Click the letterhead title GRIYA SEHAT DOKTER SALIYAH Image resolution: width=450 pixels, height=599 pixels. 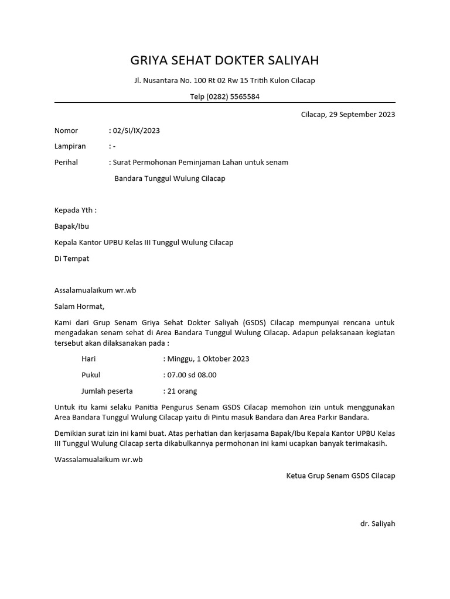tap(224, 61)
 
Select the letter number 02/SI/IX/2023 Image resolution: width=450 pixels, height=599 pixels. tap(136, 130)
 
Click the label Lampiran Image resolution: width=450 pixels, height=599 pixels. tap(70, 146)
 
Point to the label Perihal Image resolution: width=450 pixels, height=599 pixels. tap(66, 162)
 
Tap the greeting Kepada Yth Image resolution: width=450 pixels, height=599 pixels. tap(75, 210)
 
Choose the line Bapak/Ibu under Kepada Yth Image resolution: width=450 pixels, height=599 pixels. tap(71, 226)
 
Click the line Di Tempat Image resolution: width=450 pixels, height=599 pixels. tap(71, 258)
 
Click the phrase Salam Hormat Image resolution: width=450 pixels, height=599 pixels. tap(79, 306)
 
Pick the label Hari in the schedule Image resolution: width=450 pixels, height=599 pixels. tap(88, 359)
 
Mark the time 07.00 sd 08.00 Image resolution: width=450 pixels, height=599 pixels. tap(192, 375)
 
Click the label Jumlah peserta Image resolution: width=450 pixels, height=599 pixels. tap(107, 391)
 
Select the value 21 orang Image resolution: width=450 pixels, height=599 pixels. tap(182, 391)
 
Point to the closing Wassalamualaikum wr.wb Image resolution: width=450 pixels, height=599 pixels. tap(98, 460)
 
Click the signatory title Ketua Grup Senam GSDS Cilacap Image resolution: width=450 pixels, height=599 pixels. tap(340, 476)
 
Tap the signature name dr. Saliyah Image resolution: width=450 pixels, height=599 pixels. tap(377, 524)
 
